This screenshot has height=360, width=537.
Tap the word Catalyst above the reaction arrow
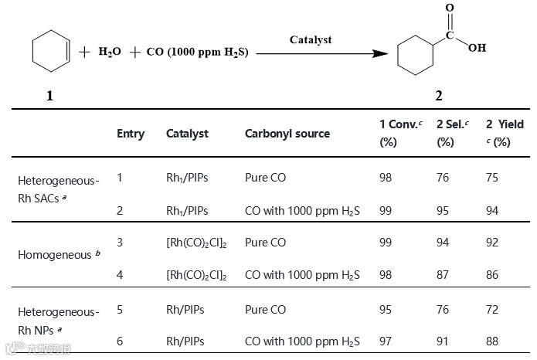[311, 39]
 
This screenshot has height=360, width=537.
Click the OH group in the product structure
[477, 48]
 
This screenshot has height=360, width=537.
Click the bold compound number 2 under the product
[439, 96]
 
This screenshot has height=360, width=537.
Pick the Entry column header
[131, 134]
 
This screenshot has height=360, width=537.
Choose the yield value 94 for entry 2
[493, 209]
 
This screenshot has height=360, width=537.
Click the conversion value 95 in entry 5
[386, 310]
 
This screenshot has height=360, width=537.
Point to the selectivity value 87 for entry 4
[443, 274]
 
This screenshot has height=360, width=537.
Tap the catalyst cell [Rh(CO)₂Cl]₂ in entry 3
[197, 243]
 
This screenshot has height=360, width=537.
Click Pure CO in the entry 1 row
[266, 178]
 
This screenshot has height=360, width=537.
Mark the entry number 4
[120, 274]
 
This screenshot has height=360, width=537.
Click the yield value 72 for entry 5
[492, 310]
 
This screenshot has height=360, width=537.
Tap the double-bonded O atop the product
[450, 8]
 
